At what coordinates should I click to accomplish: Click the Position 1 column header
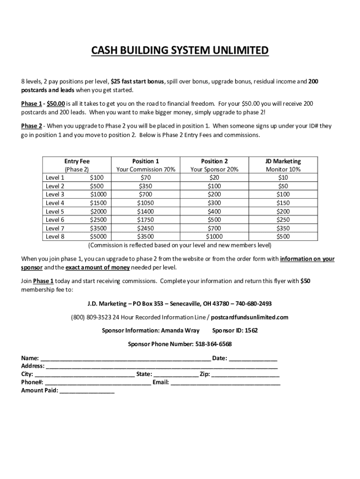145,161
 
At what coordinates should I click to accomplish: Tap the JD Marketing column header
283,161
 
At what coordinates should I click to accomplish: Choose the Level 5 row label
55,211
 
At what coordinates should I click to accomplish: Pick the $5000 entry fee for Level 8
98,237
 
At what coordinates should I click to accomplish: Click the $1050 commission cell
145,203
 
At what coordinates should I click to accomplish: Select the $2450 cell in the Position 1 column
145,228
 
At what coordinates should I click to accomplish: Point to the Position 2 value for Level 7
214,228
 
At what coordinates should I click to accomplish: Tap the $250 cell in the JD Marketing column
283,220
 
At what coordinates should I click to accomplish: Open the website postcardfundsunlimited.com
250,317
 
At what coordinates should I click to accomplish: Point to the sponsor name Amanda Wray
180,331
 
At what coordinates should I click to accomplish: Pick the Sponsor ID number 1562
251,331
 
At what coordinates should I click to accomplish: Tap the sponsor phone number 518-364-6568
213,344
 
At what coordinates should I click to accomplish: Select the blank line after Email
225,383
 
